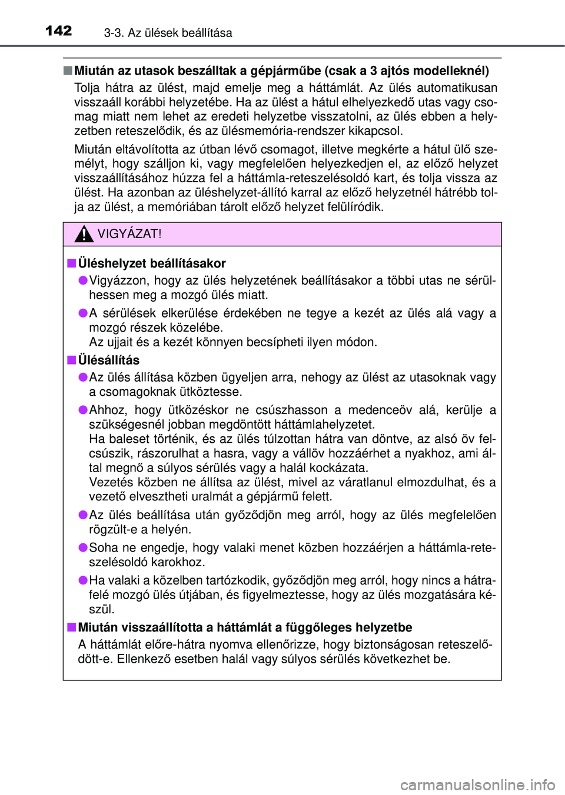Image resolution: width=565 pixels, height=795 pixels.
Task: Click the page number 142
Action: pos(59,31)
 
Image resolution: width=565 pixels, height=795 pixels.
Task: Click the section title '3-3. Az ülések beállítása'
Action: pos(168,33)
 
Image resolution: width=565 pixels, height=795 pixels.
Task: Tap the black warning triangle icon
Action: pos(84,234)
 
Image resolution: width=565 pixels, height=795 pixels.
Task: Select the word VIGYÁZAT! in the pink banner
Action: pos(129,234)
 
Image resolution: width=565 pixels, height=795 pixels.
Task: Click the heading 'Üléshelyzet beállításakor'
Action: pos(152,263)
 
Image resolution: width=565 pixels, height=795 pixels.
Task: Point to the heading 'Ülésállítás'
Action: pos(109,360)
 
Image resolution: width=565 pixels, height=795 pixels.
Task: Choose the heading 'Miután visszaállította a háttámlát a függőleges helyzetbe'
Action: pos(245,627)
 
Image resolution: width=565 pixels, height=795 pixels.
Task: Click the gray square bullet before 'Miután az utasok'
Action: pos(68,71)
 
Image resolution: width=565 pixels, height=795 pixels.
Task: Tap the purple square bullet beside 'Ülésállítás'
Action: pos(71,360)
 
